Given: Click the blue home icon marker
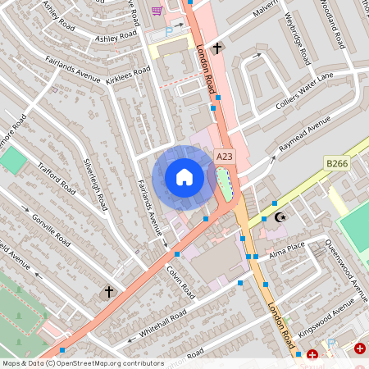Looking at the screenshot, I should [184, 177].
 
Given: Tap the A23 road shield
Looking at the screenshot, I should [224, 155].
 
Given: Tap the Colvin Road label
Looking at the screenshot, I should [180, 280].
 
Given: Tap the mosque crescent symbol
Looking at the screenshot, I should [280, 217].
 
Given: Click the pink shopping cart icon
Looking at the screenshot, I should [157, 10].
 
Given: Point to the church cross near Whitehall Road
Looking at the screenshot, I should [107, 292].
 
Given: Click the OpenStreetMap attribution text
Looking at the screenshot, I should [82, 363].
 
